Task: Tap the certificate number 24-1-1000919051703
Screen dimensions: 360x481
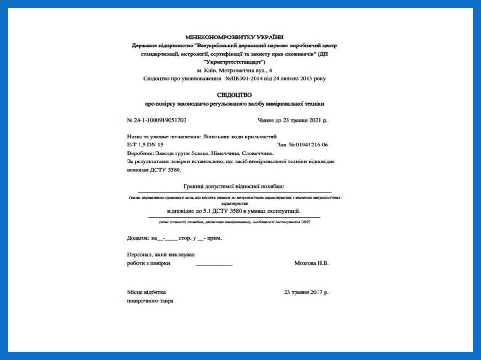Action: (x=160, y=120)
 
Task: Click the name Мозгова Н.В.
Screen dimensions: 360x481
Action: (x=311, y=263)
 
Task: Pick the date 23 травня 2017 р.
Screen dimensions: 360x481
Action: (x=306, y=292)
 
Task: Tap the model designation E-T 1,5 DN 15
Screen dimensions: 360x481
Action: (x=145, y=145)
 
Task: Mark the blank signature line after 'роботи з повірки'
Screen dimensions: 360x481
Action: (x=214, y=265)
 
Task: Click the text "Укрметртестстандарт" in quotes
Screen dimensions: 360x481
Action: (x=235, y=62)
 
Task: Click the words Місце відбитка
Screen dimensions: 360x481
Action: (x=146, y=292)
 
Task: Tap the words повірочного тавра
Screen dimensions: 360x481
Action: (x=150, y=301)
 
